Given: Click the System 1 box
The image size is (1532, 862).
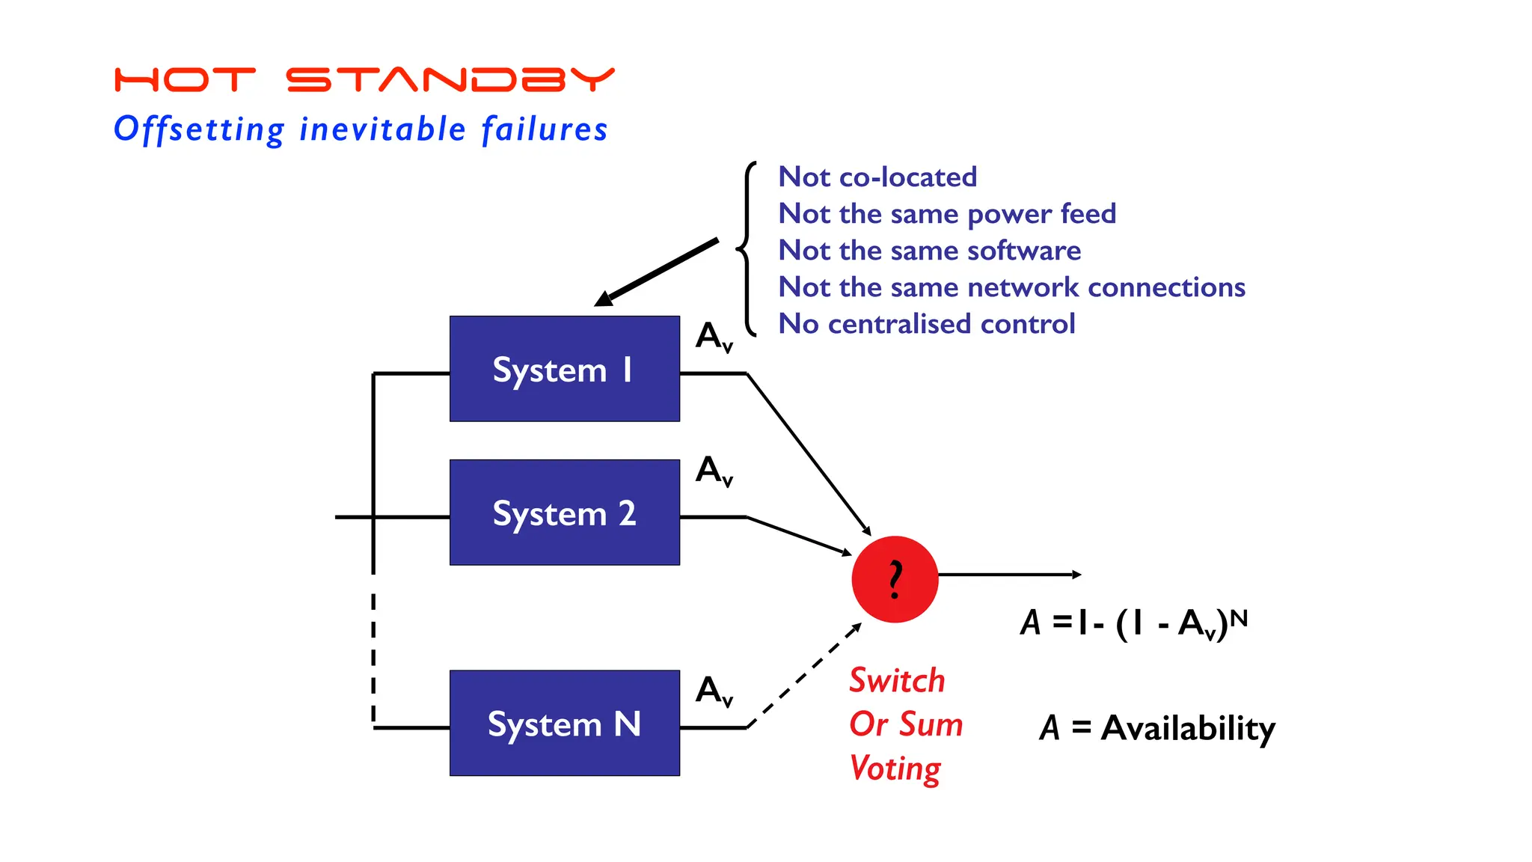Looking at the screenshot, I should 564,369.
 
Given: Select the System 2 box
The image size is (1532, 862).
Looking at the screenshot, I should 564,513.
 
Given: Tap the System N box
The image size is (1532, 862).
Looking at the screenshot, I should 564,723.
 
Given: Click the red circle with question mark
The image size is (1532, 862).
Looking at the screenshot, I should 895,578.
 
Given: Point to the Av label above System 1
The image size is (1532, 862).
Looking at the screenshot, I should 714,336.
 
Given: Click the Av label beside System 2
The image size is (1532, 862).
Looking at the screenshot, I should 714,471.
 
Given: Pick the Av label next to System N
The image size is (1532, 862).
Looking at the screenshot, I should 714,690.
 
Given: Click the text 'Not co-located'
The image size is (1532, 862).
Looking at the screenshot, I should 877,177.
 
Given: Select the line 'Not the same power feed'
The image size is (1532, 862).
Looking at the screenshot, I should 946,214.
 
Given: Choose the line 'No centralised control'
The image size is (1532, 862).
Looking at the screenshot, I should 926,324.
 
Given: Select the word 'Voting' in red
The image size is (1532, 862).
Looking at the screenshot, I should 895,768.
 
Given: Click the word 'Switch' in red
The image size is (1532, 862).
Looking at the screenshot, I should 896,680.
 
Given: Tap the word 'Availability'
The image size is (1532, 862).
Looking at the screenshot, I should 1187,728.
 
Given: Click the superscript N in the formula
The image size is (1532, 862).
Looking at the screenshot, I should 1239,618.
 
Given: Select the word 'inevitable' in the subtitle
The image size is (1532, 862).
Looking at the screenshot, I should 382,129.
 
